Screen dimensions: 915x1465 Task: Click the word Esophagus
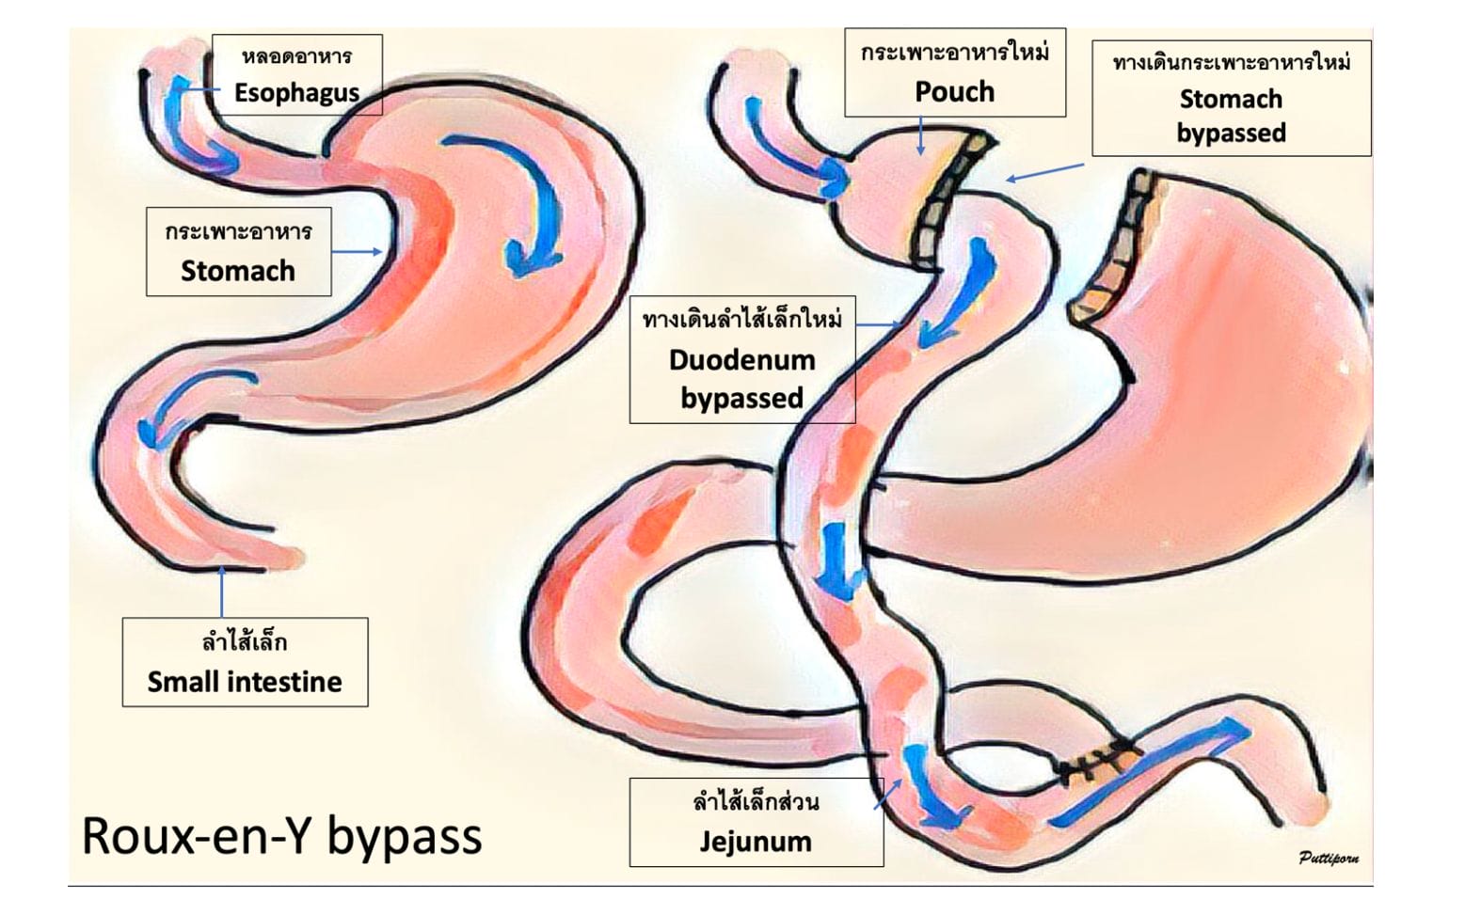point(296,92)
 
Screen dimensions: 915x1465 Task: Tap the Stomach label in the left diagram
point(238,271)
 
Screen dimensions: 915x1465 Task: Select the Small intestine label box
point(245,662)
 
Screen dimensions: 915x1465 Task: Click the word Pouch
point(954,91)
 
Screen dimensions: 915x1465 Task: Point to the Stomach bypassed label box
point(1231,98)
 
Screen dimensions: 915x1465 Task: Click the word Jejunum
point(756,841)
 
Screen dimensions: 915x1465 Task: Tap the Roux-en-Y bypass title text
point(281,835)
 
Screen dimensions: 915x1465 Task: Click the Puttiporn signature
point(1329,857)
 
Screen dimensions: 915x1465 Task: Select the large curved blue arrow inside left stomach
point(518,197)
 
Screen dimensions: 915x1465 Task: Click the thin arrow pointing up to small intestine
point(222,592)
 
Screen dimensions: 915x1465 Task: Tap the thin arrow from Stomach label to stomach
point(357,252)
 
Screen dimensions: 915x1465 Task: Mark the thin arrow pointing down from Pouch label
point(921,136)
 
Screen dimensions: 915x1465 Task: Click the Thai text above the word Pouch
point(954,53)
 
